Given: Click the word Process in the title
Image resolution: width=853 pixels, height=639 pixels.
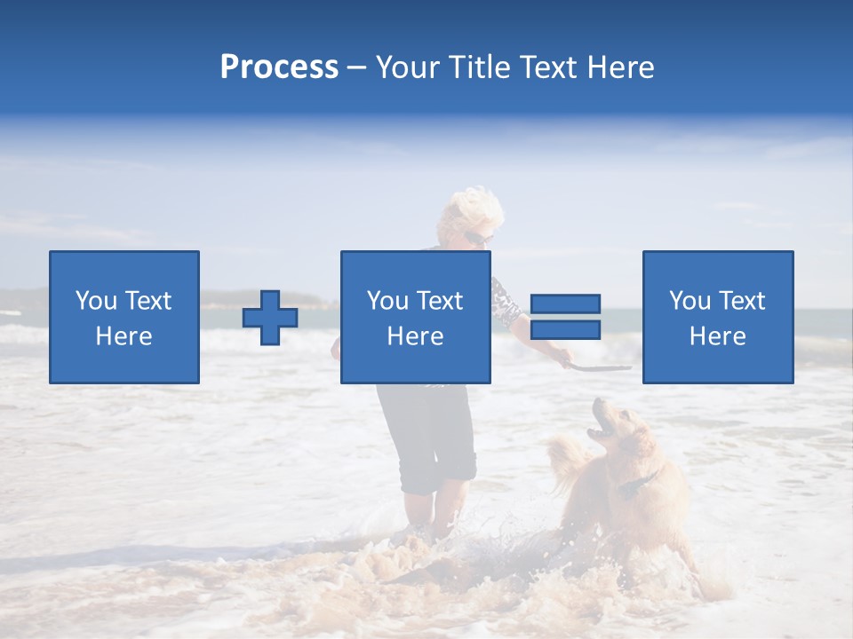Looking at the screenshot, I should [x=279, y=67].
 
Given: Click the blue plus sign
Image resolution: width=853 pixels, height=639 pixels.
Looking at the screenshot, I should [x=270, y=317].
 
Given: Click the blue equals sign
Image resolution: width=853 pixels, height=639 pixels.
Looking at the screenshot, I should [x=565, y=317].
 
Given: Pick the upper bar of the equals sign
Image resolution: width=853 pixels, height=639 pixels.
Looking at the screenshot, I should [x=565, y=304].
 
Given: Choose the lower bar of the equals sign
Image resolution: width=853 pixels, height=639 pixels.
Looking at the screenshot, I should [x=565, y=329].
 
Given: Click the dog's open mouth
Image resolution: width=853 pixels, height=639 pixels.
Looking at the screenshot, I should [x=602, y=430].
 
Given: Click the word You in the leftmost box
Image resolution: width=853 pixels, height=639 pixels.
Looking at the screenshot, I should [x=96, y=301].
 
